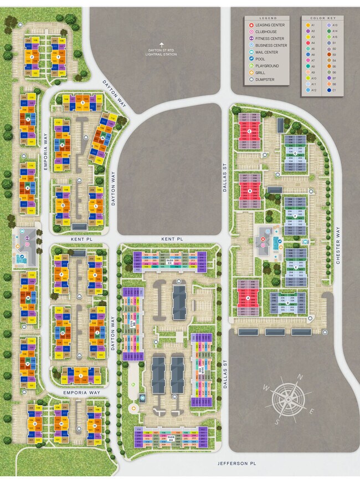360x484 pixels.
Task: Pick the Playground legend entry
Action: [x=266, y=66]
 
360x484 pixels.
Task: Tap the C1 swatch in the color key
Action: [x=329, y=90]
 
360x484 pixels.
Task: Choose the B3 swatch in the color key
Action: [x=329, y=55]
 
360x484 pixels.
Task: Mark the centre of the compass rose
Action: [x=289, y=396]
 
